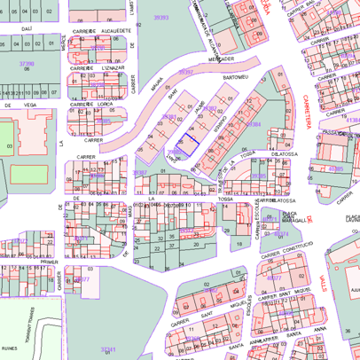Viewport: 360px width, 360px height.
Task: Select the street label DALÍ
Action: (x=27, y=28)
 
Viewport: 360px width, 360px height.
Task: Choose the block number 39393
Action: (x=160, y=17)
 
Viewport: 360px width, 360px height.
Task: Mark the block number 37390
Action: (x=27, y=64)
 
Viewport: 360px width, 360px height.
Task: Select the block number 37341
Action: (x=109, y=349)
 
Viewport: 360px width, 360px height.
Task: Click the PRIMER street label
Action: (x=49, y=262)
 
